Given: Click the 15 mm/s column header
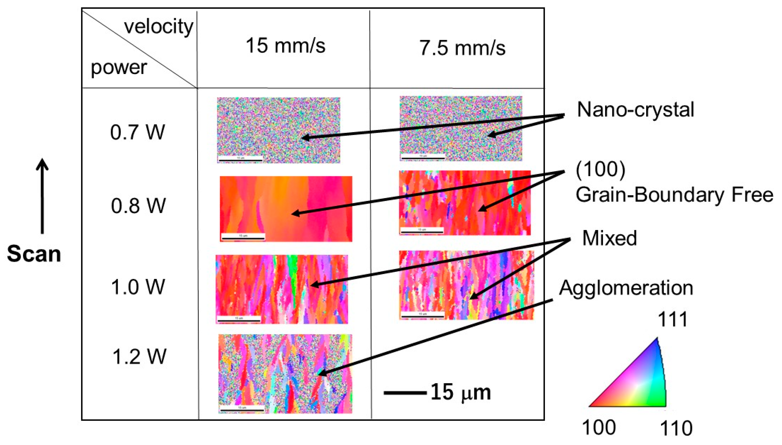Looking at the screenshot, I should (285, 46).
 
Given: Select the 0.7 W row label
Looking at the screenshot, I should (137, 132).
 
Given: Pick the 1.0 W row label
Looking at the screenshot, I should (138, 287).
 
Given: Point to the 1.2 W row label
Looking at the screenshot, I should (139, 356).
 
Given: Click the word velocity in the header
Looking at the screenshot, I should (159, 27).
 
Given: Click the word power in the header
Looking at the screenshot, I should (119, 68).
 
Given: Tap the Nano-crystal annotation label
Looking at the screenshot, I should (635, 109).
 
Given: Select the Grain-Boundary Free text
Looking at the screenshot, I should (674, 194).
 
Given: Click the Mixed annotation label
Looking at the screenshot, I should (609, 238).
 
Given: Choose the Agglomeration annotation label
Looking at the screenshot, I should (626, 288).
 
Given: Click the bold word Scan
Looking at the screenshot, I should (34, 254).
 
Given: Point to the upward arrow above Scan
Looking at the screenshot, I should (42, 196).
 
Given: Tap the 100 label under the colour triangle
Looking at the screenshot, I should (599, 427).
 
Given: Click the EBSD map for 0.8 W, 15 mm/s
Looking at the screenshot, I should (286, 209).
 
